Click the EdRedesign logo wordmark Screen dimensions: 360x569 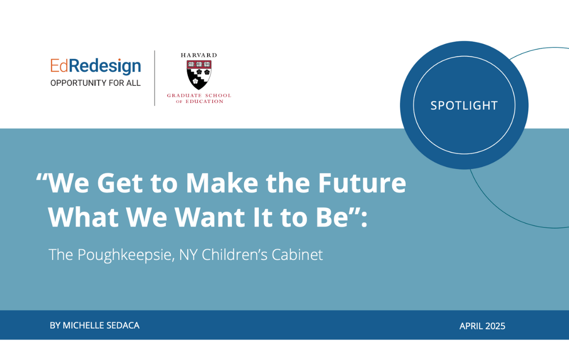96,66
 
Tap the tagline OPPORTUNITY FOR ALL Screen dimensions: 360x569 96,84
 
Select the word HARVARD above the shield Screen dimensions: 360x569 199,55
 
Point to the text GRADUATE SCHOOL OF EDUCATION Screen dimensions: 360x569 199,98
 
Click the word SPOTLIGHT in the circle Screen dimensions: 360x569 464,106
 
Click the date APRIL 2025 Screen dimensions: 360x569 482,326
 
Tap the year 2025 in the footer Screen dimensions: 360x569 494,326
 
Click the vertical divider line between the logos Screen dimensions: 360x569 155,78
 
